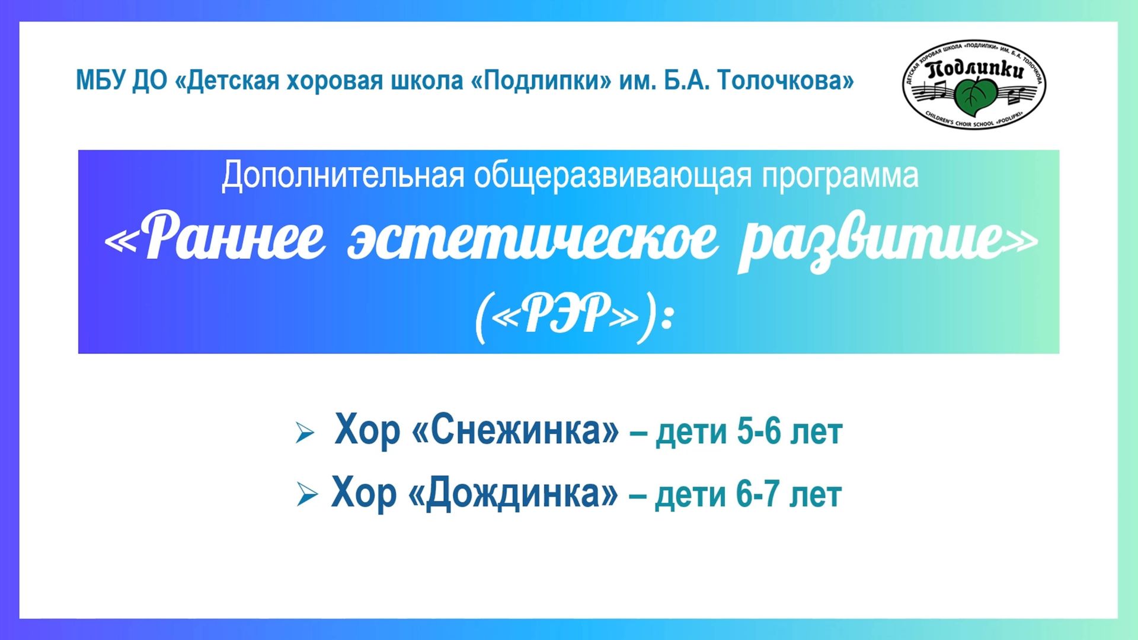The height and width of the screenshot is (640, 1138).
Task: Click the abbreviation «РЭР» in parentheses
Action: click(566, 314)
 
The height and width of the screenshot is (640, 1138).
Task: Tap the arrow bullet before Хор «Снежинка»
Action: click(305, 433)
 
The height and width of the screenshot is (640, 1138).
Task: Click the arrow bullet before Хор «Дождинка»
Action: click(307, 494)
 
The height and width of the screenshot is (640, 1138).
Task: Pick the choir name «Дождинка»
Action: click(513, 493)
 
